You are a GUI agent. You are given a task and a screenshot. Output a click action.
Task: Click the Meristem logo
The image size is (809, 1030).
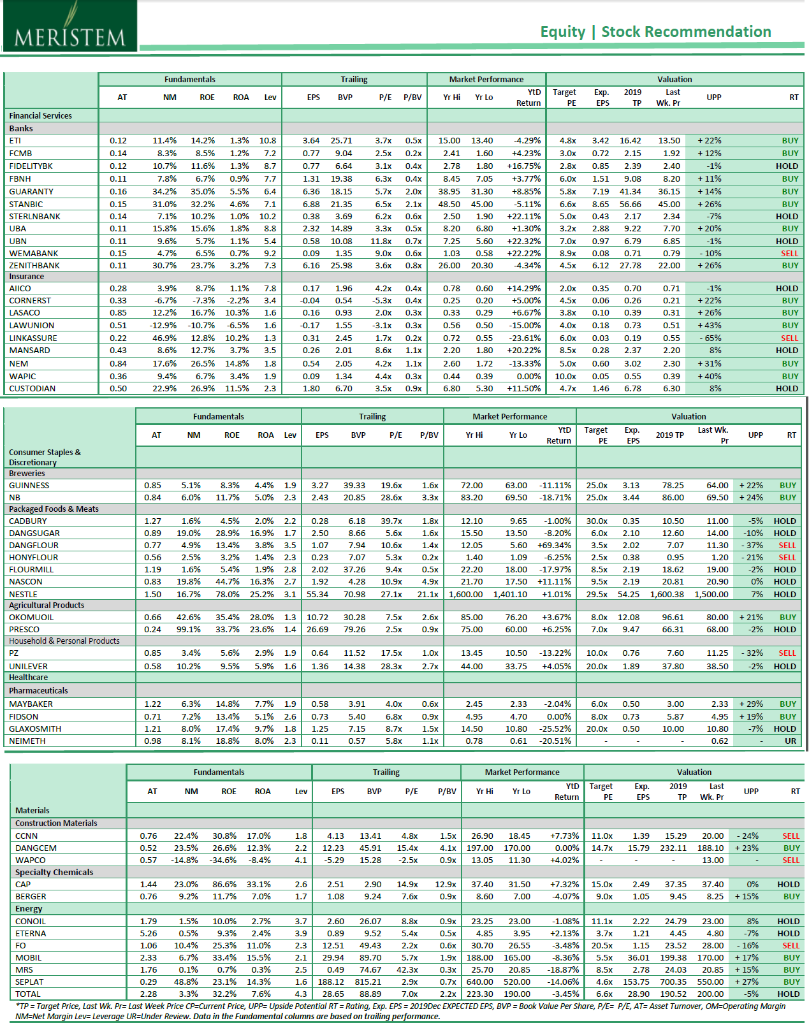(x=69, y=27)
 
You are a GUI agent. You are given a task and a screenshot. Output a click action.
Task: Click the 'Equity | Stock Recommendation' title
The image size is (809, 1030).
(x=655, y=32)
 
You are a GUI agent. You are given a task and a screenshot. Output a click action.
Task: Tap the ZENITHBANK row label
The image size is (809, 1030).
(x=34, y=265)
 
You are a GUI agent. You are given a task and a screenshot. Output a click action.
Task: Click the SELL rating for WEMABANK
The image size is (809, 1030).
(x=789, y=253)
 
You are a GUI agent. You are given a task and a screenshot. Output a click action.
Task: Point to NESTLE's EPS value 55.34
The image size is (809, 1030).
(x=317, y=594)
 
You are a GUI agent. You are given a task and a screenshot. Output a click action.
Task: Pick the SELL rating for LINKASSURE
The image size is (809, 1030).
(x=789, y=338)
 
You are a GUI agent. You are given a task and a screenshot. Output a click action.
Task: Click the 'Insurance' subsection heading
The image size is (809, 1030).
(x=26, y=277)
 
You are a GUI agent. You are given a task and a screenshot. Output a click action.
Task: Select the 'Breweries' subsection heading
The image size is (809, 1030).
(x=27, y=474)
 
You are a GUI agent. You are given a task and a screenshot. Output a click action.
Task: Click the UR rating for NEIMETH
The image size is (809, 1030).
(x=791, y=741)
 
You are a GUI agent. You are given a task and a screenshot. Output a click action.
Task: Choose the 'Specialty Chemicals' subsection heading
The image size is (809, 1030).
(x=54, y=872)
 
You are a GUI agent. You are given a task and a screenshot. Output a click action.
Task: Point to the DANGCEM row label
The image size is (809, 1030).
(x=36, y=848)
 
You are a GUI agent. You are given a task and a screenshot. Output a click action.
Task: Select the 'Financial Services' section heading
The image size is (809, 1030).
(x=40, y=115)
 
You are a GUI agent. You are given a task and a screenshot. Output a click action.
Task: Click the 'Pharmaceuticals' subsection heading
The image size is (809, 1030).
(x=38, y=690)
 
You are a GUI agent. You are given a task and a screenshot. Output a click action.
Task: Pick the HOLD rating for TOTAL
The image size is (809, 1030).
(x=788, y=994)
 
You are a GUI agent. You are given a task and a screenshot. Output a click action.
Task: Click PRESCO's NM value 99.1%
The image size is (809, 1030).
(x=189, y=629)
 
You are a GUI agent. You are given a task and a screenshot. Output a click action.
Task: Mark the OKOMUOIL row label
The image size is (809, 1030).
(x=31, y=617)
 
